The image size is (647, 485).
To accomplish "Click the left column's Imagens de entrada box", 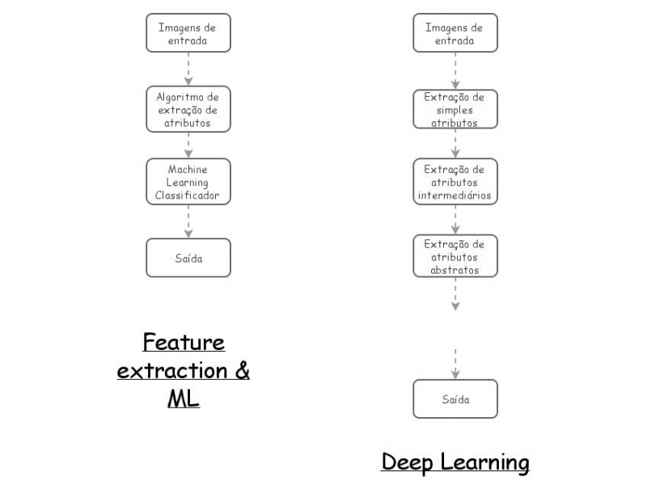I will pyautogui.click(x=188, y=33).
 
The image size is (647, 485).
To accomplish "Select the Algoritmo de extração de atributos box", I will pyautogui.click(x=188, y=109).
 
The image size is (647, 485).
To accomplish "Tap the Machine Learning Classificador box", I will pyautogui.click(x=188, y=182).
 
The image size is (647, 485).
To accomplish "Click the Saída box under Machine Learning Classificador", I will pyautogui.click(x=188, y=258).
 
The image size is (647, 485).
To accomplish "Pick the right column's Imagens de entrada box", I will pyautogui.click(x=455, y=33).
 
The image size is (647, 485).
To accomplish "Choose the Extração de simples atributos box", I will pyautogui.click(x=455, y=109).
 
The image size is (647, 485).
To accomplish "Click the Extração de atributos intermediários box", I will pyautogui.click(x=455, y=182).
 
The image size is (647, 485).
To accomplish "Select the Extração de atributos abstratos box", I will pyautogui.click(x=455, y=256).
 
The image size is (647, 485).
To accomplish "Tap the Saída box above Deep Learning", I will pyautogui.click(x=455, y=399).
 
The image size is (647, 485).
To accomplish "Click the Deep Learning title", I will pyautogui.click(x=455, y=462).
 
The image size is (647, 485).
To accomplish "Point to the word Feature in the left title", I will pyautogui.click(x=184, y=343).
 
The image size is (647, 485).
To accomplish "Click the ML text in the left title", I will pyautogui.click(x=184, y=399).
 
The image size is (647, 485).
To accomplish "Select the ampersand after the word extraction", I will pyautogui.click(x=241, y=371).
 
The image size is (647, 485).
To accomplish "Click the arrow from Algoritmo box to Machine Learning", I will pyautogui.click(x=188, y=145).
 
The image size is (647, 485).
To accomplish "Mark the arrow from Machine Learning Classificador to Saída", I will pyautogui.click(x=188, y=221).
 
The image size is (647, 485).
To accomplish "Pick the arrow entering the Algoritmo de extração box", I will pyautogui.click(x=188, y=70).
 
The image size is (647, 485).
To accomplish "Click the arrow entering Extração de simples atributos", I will pyautogui.click(x=455, y=71).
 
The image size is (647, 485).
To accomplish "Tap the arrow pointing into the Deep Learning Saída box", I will pyautogui.click(x=455, y=365).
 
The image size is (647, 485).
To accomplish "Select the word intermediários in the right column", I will pyautogui.click(x=455, y=195).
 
